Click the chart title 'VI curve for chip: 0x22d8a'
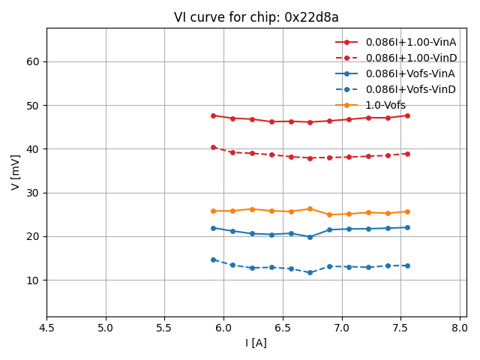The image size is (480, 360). point(256,17)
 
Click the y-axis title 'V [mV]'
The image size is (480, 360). point(16,172)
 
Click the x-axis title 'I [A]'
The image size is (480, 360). point(256,343)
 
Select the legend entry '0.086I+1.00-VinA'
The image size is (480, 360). point(410,42)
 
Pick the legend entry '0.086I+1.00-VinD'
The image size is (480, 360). point(410,58)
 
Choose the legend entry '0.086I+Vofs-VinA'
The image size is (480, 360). point(410,73)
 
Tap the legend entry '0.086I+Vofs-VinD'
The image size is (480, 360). point(410,89)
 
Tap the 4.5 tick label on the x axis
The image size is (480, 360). point(46,327)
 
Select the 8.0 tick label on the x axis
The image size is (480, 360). point(460,327)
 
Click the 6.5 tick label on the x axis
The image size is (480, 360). point(283,327)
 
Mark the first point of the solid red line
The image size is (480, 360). point(213,115)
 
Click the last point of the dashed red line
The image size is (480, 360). point(407,154)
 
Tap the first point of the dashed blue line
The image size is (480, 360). point(213,259)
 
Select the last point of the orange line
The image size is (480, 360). point(407,211)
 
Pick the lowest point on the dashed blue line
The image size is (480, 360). point(310,272)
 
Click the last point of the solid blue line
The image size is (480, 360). point(407,227)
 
